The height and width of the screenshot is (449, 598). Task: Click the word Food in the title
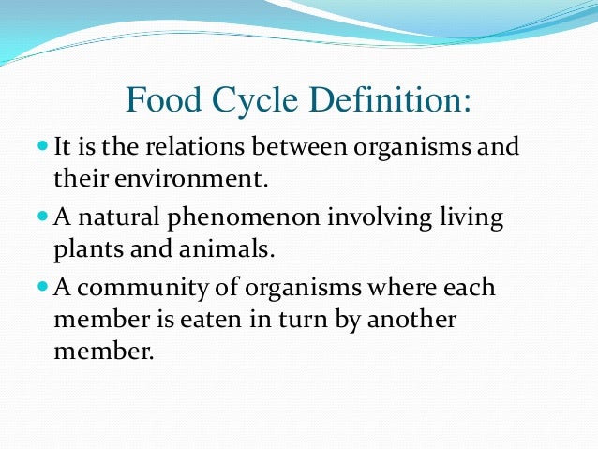(162, 99)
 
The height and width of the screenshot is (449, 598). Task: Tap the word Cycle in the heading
(254, 99)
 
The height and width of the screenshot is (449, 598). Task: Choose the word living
(471, 219)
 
